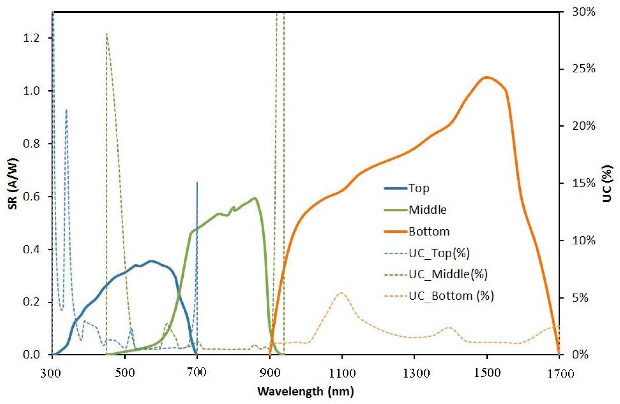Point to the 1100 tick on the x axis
[x=342, y=373]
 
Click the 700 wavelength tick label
[x=197, y=373]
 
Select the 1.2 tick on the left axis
[x=31, y=38]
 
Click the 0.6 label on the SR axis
[x=31, y=197]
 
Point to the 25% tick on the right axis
[x=583, y=69]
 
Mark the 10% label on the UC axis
[x=583, y=240]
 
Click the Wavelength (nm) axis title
[x=305, y=391]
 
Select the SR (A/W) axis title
[x=13, y=184]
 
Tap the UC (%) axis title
[x=607, y=184]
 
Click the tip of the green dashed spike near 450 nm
[x=106, y=33]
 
